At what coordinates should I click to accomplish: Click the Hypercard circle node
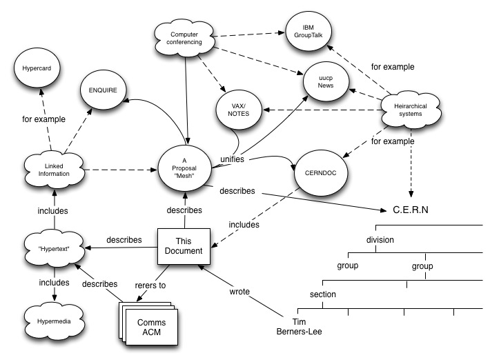pos(37,68)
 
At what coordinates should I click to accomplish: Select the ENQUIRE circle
pos(103,90)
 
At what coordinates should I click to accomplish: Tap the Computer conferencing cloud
pos(184,39)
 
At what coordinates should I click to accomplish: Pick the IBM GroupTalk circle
pos(308,31)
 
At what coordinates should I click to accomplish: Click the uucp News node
pos(326,81)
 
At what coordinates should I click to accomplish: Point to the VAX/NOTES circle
pos(238,110)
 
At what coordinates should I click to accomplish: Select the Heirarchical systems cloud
pos(411,110)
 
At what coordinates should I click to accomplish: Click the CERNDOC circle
pos(321,172)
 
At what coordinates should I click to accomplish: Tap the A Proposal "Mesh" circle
pos(184,168)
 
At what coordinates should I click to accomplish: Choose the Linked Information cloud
pos(54,170)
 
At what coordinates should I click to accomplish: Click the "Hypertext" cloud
pos(54,249)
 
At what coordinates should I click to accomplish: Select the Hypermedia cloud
pos(54,321)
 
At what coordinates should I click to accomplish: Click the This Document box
pos(184,246)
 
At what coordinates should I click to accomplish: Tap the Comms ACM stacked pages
pos(148,323)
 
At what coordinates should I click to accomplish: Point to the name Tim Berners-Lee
pos(299,327)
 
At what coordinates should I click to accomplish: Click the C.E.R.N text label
pos(411,210)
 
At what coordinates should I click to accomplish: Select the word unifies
pos(232,159)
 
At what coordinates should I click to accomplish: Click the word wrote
pos(239,292)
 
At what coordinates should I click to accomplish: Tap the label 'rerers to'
pos(150,285)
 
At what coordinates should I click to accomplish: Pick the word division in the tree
pos(380,239)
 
